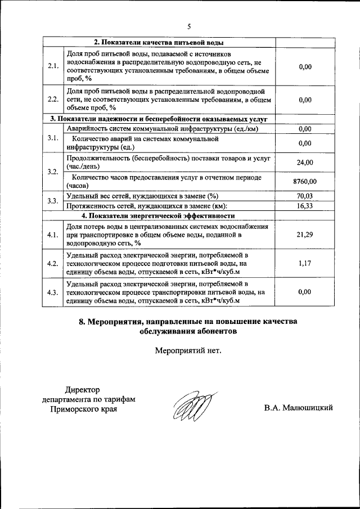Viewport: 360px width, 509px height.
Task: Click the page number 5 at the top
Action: (189, 26)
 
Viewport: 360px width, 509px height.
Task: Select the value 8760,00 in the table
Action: (305, 182)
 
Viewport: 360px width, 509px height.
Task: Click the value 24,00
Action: (305, 163)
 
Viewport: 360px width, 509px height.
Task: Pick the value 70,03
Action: (305, 196)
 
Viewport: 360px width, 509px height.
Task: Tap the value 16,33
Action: (305, 206)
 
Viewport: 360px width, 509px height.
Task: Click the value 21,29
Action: (305, 235)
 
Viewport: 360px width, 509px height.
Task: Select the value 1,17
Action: (305, 263)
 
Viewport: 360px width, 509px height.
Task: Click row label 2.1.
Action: (53, 66)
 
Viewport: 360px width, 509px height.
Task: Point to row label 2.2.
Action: (53, 99)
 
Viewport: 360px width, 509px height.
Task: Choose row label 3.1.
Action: (53, 138)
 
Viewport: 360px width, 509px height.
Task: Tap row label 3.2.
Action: (53, 172)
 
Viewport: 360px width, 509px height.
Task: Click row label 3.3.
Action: (53, 201)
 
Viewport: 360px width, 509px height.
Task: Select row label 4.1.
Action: (53, 235)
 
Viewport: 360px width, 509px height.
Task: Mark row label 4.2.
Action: (53, 263)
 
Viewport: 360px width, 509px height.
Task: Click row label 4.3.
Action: (53, 292)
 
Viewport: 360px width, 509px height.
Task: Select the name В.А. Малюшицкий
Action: (298, 408)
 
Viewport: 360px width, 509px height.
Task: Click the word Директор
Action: (82, 389)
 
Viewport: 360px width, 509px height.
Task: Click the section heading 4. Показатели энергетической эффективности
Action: (159, 215)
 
